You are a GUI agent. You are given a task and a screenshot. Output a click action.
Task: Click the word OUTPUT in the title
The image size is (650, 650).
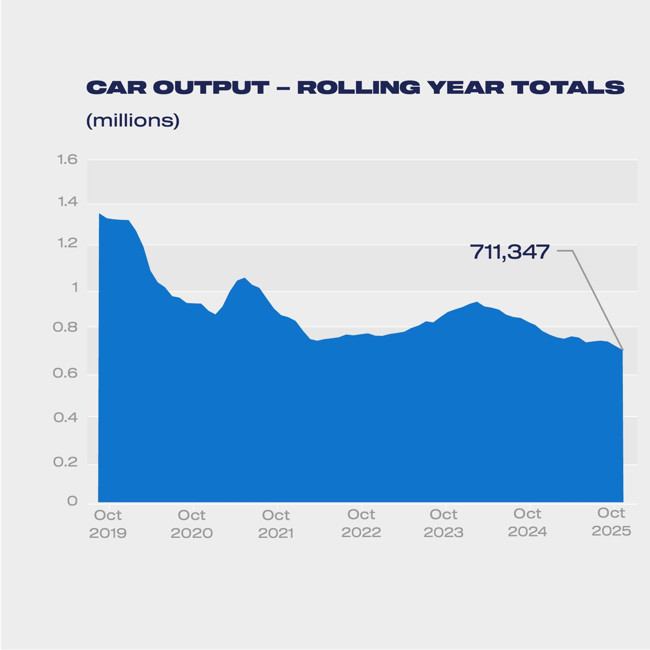(x=211, y=88)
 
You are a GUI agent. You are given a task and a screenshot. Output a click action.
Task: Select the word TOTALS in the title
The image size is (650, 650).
(x=568, y=88)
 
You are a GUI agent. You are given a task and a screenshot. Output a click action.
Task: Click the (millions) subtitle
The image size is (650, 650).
(x=133, y=120)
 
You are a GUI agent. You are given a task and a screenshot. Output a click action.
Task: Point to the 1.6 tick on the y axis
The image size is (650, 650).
(x=68, y=159)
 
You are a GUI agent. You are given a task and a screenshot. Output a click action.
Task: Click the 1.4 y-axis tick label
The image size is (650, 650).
(x=68, y=202)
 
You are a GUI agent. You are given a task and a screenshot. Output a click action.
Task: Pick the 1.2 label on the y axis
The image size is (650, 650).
(x=68, y=243)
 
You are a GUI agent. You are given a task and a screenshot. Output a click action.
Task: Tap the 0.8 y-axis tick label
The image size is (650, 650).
(x=65, y=327)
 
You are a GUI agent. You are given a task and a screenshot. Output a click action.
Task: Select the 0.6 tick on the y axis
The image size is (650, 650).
(x=65, y=373)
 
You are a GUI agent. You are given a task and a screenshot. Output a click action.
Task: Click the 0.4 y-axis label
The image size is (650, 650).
(x=65, y=418)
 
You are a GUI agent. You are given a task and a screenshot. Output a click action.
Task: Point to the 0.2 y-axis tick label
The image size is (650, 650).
(x=65, y=462)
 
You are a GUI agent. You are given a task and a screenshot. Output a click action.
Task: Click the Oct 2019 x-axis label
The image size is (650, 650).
(x=108, y=524)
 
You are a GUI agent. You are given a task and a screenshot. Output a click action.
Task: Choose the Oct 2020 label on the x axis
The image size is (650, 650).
(x=192, y=524)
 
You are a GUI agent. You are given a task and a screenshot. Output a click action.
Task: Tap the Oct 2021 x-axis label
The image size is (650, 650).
(x=276, y=524)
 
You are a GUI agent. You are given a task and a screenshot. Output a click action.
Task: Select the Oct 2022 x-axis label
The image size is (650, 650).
(x=361, y=523)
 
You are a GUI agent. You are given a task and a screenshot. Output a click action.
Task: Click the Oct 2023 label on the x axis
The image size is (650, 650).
(x=444, y=523)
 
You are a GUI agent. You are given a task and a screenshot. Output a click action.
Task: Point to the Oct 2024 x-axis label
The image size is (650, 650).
(x=527, y=523)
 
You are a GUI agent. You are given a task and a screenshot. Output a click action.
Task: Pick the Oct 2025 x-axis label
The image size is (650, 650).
(x=611, y=522)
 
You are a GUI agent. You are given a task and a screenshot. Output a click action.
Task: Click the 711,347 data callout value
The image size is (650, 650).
(x=510, y=252)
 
